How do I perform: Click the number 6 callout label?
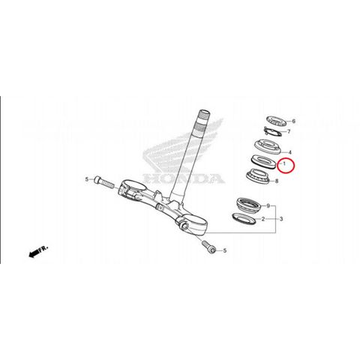(293, 121)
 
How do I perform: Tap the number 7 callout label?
(289, 131)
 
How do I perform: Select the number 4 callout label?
(290, 152)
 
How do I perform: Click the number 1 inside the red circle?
(284, 163)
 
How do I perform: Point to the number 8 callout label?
(277, 181)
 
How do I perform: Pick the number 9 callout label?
(268, 206)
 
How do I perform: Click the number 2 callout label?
(263, 219)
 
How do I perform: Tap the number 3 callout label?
(281, 219)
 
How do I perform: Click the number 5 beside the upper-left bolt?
(87, 179)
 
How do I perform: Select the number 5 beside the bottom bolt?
(224, 250)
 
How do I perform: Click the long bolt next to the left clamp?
(104, 183)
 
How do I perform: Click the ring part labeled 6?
(276, 121)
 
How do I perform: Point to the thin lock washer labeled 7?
(273, 131)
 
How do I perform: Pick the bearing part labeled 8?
(259, 175)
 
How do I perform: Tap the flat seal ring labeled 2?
(244, 218)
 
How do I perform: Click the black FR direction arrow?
(37, 251)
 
